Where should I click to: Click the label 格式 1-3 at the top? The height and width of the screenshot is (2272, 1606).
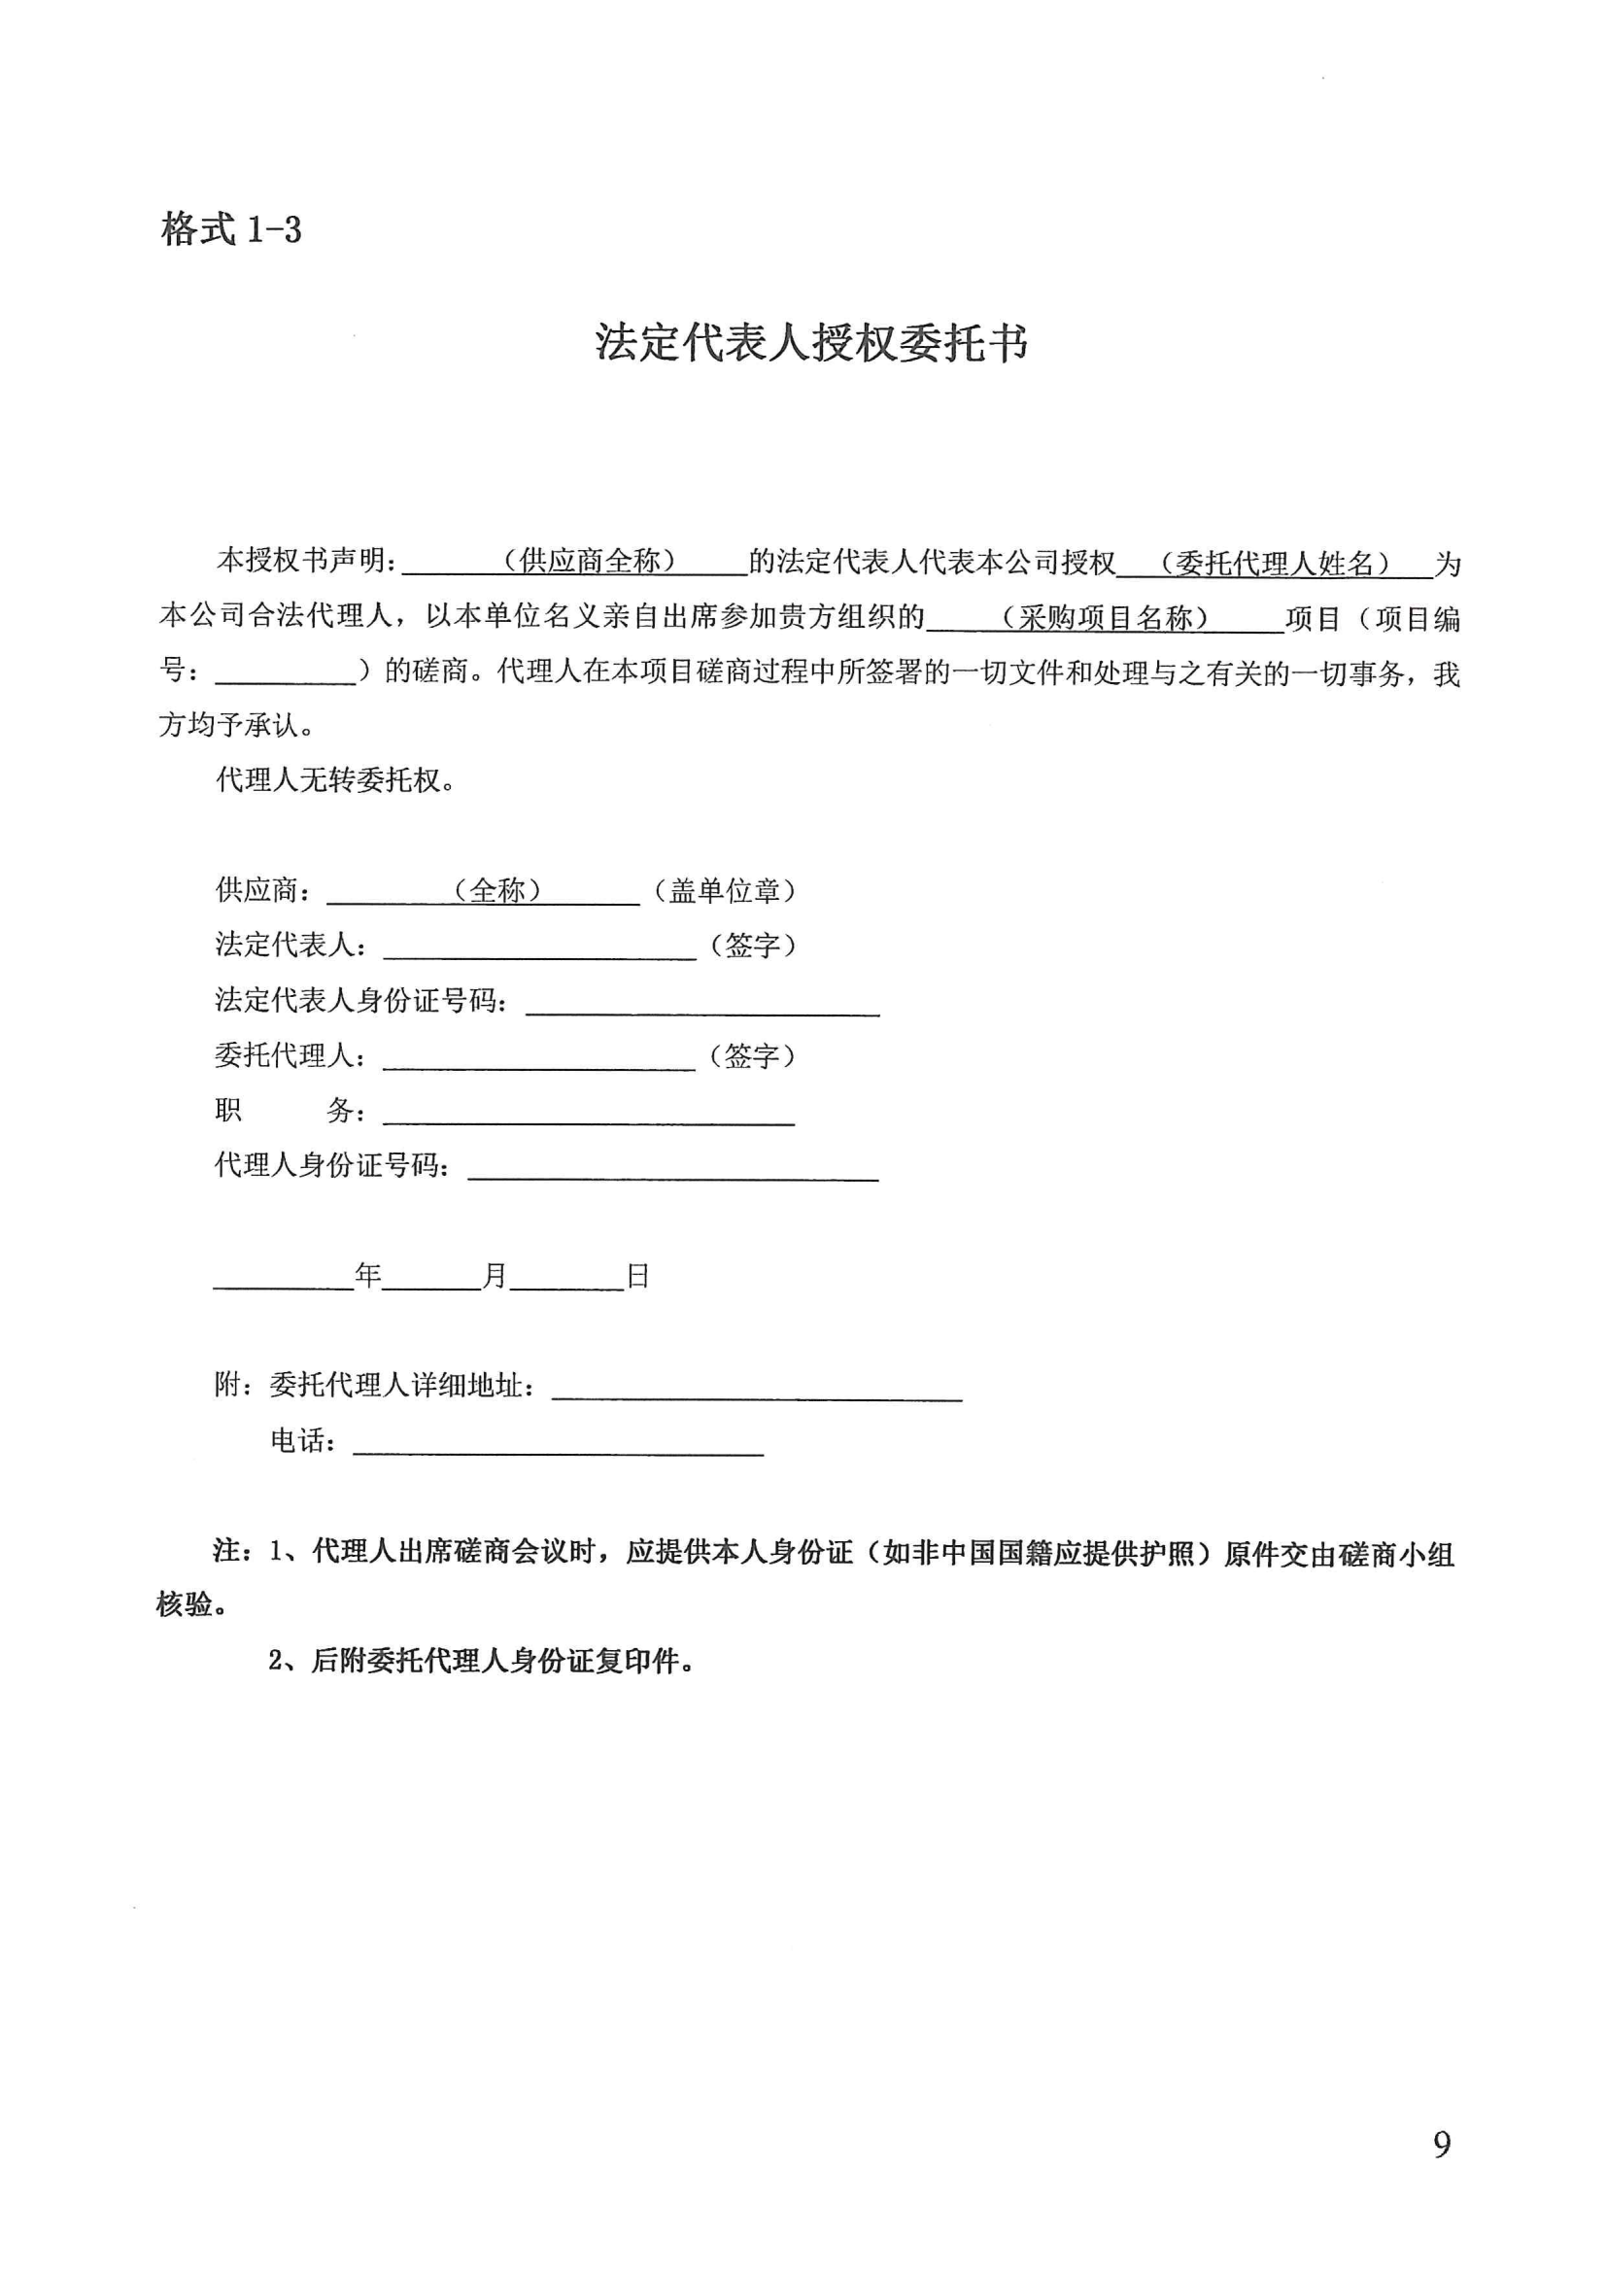(x=230, y=229)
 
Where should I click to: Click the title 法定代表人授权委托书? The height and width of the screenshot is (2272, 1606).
(x=810, y=343)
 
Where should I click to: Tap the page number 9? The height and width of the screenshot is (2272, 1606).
(x=1442, y=2145)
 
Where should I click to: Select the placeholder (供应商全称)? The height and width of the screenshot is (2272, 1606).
(x=590, y=562)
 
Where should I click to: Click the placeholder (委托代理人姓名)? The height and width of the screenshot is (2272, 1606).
(x=1276, y=564)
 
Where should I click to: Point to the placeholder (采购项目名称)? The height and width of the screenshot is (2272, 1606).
(x=1105, y=618)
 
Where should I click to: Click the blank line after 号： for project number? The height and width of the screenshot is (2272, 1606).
(x=285, y=674)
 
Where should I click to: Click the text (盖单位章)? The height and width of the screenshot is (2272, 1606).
(x=725, y=890)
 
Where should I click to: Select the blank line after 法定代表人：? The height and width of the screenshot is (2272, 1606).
(x=539, y=948)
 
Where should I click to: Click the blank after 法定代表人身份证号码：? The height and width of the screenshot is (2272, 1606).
(x=702, y=1004)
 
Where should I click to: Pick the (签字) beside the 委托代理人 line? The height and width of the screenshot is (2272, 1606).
(x=752, y=1056)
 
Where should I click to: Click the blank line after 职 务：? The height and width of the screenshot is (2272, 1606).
(x=589, y=1114)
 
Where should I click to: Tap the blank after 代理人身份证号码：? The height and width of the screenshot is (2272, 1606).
(x=673, y=1169)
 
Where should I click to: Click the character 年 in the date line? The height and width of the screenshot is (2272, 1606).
(x=368, y=1277)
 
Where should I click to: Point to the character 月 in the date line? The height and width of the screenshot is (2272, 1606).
(x=495, y=1277)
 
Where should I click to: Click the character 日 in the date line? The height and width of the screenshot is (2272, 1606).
(x=638, y=1277)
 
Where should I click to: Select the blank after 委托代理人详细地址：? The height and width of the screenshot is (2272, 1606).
(x=757, y=1389)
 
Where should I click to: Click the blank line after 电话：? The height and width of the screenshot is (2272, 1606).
(x=558, y=1444)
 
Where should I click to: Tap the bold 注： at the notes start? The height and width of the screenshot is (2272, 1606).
(x=233, y=1552)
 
